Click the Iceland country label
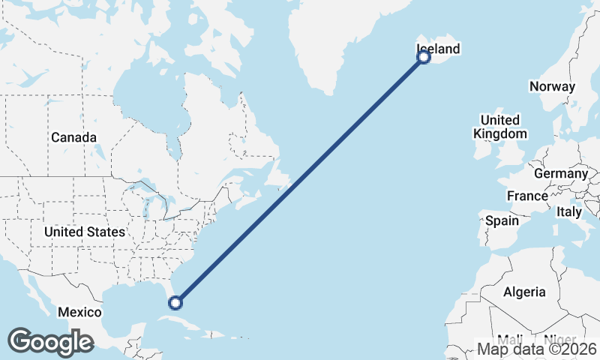click(438, 49)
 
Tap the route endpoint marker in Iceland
click(424, 57)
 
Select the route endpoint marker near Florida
click(175, 303)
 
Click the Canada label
click(73, 138)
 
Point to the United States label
click(85, 232)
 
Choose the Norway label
click(552, 86)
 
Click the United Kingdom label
click(500, 127)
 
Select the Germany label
click(561, 173)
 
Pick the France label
click(527, 196)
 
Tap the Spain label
click(502, 220)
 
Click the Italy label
click(569, 212)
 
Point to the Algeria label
click(525, 292)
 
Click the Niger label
click(559, 339)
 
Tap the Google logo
click(50, 342)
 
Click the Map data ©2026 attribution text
click(537, 349)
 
